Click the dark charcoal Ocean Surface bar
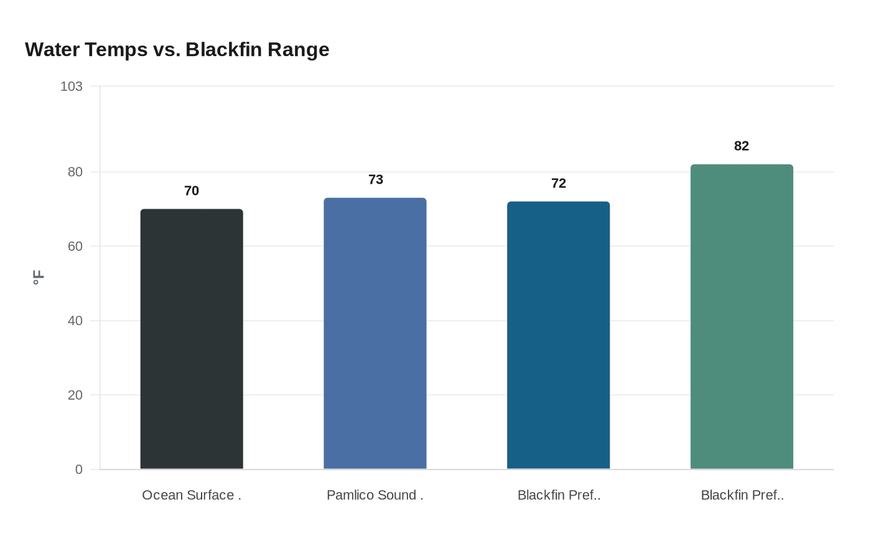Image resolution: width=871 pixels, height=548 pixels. [192, 339]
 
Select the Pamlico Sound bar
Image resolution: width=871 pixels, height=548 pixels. [375, 334]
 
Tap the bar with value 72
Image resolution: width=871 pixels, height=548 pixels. [559, 336]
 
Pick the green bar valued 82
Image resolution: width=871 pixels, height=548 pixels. [742, 317]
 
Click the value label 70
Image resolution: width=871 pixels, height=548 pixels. [192, 191]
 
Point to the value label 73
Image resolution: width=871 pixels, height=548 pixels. [376, 179]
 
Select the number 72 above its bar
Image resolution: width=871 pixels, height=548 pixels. [559, 183]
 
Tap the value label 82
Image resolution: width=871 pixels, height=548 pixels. [742, 146]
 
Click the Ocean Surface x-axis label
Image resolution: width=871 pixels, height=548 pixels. [192, 495]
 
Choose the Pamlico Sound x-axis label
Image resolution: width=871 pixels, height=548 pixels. [375, 495]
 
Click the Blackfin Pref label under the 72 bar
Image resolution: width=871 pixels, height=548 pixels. [559, 495]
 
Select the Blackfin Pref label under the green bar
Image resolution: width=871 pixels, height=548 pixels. [742, 495]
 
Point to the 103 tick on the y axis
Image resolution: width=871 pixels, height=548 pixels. [72, 86]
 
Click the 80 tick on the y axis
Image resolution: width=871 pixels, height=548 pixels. [75, 172]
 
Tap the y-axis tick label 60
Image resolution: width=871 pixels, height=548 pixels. [75, 246]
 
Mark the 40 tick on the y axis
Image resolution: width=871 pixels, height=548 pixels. [75, 321]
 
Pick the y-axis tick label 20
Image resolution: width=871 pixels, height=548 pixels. [75, 395]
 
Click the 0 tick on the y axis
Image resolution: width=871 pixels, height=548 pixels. [79, 470]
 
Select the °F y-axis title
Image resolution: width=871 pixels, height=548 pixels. [38, 278]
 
